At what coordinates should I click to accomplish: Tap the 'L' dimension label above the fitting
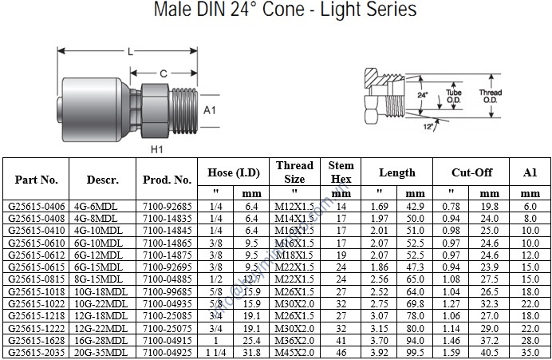coord(129,52)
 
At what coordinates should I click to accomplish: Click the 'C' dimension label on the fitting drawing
coord(162,73)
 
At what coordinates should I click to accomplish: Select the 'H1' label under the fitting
coord(157,148)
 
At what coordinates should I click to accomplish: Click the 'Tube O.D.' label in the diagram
coord(454,93)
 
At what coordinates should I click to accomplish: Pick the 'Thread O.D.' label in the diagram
coord(490,93)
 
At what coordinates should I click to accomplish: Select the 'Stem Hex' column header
coord(341,172)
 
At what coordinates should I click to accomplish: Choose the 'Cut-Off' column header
coord(472,172)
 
